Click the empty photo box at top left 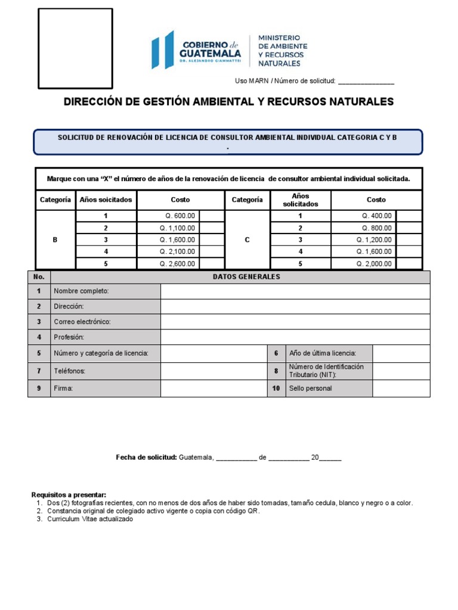pos(75,49)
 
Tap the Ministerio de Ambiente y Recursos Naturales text pos(282,50)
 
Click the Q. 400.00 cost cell pos(363,216)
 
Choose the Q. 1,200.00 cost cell pos(363,240)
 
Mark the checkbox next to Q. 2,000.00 pos(409,264)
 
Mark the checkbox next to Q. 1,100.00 pos(211,228)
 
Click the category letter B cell pos(55,240)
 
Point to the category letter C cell pos(247,240)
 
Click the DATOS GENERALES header pos(246,277)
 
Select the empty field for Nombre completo pos(295,291)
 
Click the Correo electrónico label pos(82,322)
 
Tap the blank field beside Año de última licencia pos(401,353)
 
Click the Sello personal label pos(310,388)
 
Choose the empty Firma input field pos(213,388)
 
